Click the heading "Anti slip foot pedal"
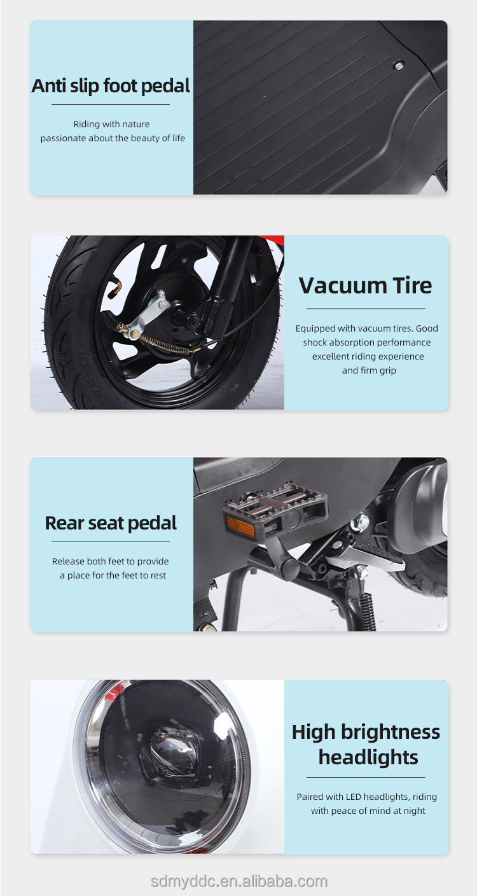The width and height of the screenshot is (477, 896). tap(111, 86)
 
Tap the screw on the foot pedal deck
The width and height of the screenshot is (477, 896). tap(399, 65)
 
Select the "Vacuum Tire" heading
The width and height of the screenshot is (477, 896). tap(365, 285)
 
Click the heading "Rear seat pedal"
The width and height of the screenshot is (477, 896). tap(111, 523)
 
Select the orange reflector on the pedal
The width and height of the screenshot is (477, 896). tap(239, 526)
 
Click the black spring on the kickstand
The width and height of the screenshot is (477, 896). tap(368, 611)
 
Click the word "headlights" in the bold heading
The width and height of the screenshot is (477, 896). tap(368, 757)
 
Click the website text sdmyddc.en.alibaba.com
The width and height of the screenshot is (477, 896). tap(238, 881)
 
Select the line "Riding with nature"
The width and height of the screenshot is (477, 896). tap(111, 124)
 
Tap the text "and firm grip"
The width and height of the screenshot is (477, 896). tap(369, 370)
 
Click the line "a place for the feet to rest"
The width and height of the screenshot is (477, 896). tap(113, 575)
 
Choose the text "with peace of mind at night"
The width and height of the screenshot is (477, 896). tap(368, 811)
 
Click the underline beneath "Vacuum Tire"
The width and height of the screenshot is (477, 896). tap(365, 309)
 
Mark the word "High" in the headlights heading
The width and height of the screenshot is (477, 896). tap(313, 732)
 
